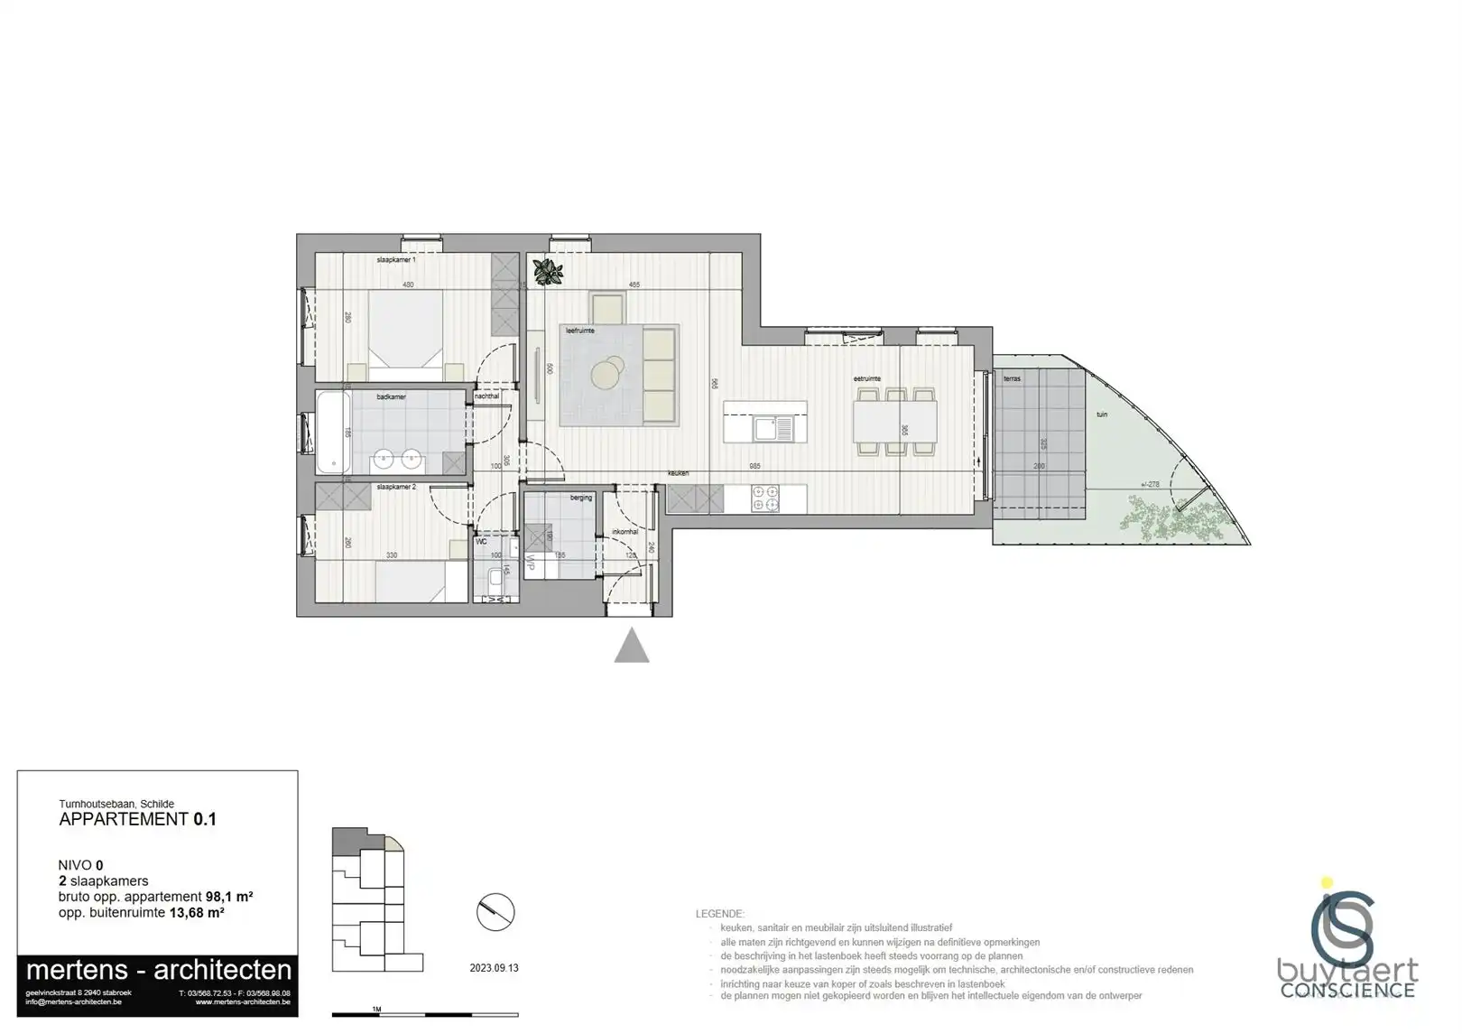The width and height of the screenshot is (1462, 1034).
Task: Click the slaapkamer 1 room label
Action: click(395, 259)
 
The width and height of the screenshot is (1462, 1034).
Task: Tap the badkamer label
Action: click(391, 397)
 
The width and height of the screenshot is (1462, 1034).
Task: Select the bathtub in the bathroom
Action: click(333, 433)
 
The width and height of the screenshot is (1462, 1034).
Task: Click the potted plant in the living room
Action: click(545, 270)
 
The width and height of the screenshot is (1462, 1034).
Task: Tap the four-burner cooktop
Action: click(765, 498)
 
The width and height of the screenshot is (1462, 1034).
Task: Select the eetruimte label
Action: click(866, 379)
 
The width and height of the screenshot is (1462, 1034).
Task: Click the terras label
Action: click(1012, 378)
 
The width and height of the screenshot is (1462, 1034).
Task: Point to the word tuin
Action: click(1102, 415)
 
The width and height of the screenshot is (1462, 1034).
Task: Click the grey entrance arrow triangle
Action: click(632, 646)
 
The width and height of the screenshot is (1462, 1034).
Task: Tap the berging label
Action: click(580, 498)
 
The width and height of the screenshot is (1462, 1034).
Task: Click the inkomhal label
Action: click(625, 532)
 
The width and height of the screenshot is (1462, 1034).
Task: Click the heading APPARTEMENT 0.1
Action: click(137, 820)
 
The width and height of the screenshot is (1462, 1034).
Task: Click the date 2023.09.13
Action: click(494, 968)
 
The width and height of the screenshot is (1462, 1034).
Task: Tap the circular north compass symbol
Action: click(495, 912)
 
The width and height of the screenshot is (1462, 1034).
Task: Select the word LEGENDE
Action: click(720, 914)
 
